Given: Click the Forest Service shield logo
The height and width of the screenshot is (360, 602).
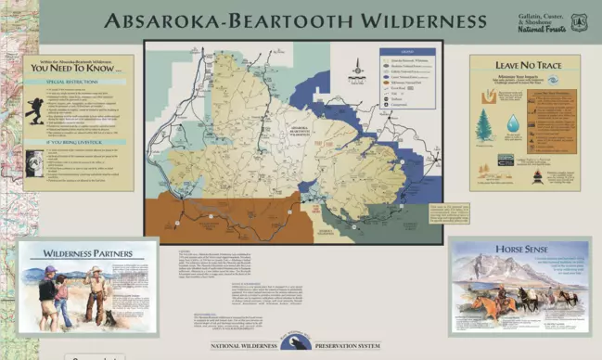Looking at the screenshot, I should pyautogui.click(x=579, y=20).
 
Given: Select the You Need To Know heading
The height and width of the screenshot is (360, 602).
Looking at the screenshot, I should pyautogui.click(x=78, y=68).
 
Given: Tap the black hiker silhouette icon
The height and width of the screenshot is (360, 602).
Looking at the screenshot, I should pyautogui.click(x=34, y=110).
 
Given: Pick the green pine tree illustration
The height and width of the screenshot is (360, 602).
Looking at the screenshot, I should pyautogui.click(x=483, y=125).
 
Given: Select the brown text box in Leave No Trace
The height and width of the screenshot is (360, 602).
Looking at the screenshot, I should pyautogui.click(x=551, y=122).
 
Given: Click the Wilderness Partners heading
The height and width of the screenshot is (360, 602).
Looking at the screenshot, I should pyautogui.click(x=87, y=252).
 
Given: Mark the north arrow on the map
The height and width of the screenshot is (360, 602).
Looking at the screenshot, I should pyautogui.click(x=357, y=67).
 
